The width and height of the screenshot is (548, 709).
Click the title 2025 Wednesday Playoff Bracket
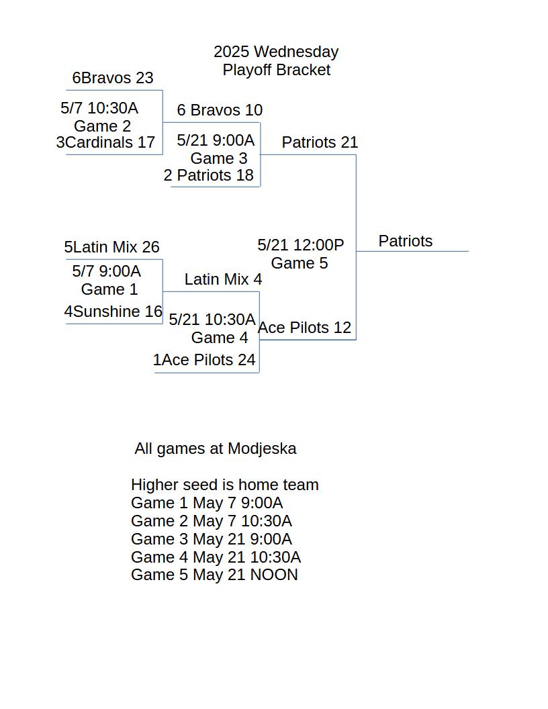(276, 60)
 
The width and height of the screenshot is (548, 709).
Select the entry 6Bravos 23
(113, 78)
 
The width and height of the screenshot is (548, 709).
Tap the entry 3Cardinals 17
(105, 142)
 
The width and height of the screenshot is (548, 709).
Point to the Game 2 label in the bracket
(102, 126)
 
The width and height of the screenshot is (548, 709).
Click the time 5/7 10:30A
(99, 108)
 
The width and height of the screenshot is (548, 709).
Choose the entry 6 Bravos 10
(220, 110)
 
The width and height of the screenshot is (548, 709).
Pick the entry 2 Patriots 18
(208, 175)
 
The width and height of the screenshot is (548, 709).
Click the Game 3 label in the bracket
(219, 158)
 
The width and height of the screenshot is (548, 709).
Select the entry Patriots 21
(320, 142)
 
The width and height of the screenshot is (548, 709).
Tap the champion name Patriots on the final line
(406, 241)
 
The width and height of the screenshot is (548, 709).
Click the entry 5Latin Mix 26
(111, 247)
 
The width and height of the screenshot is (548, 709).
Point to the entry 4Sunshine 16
(113, 312)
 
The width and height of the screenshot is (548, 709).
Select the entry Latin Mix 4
(223, 279)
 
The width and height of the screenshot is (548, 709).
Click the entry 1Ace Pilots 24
(204, 360)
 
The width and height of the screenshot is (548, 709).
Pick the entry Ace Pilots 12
(304, 328)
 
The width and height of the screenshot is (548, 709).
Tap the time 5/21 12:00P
(301, 245)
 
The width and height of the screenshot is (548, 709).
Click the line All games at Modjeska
(216, 448)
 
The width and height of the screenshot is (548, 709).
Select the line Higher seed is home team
(225, 485)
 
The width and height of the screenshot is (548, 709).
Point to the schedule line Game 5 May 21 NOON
(214, 575)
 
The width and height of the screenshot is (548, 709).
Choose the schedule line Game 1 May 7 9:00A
(207, 503)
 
